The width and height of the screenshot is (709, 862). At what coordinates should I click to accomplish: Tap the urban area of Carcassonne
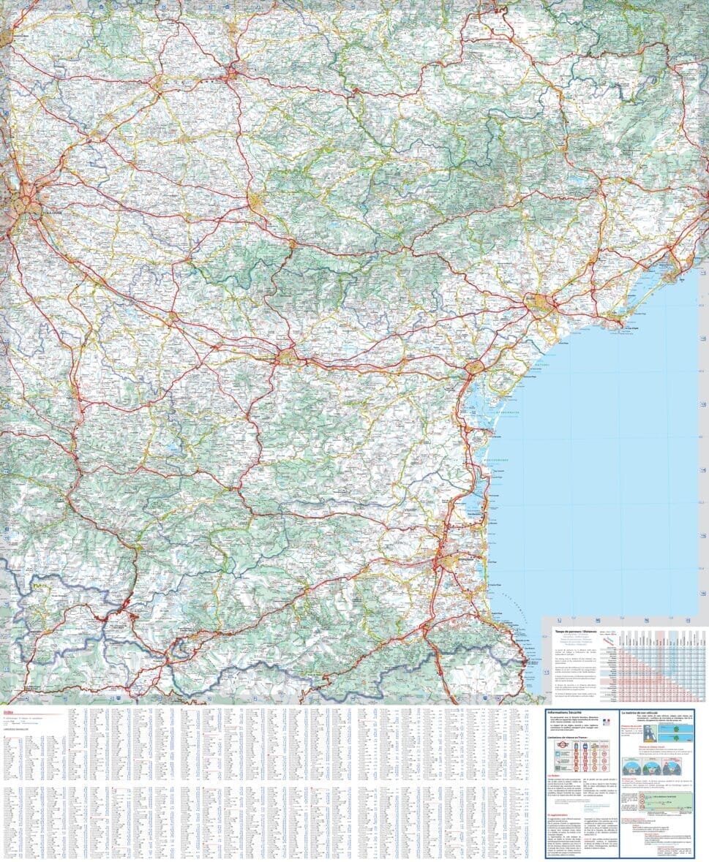click(287, 357)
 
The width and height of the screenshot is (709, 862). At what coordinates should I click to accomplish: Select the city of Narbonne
click(474, 367)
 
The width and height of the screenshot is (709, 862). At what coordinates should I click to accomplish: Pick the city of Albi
click(233, 72)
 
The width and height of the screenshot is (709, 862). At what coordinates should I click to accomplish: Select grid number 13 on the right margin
click(703, 404)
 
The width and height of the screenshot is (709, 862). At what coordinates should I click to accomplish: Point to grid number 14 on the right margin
click(703, 470)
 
